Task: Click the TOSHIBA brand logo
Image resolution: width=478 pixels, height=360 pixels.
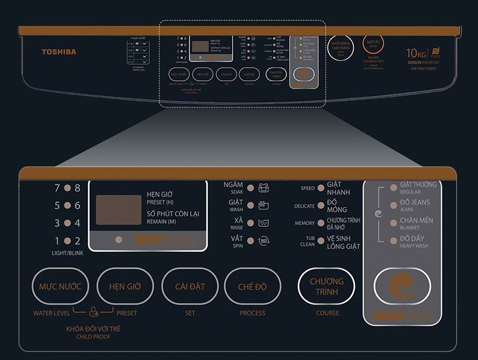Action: pos(59,52)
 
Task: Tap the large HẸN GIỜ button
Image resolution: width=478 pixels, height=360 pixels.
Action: pos(125,287)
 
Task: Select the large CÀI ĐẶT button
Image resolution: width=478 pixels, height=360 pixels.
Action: pos(190,287)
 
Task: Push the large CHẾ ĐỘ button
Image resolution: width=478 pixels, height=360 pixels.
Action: pos(252,287)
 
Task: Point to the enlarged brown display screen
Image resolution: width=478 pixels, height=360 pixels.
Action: pos(118,210)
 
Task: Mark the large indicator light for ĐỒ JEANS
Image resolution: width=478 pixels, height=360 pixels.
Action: pos(393,207)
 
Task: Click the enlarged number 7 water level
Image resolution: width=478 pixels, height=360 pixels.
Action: pos(57,188)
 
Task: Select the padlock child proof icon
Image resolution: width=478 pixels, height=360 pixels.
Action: pos(93,310)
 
